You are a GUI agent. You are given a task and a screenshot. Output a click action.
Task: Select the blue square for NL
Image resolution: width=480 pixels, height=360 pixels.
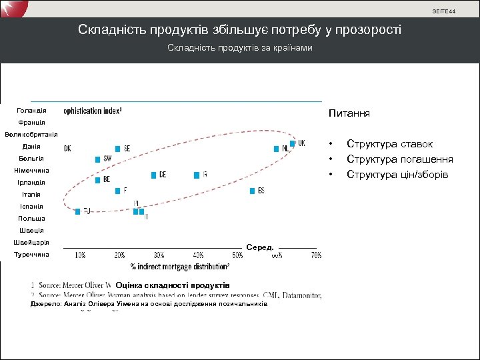(276, 149)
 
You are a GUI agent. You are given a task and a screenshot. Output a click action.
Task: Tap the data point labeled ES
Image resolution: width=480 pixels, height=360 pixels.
(252, 191)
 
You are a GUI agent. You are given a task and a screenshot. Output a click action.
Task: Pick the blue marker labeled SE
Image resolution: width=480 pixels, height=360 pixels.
(118, 149)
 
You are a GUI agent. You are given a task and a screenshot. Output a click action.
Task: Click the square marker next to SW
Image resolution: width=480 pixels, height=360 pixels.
(97, 159)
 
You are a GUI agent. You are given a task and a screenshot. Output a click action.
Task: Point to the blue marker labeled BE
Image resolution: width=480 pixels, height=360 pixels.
(97, 179)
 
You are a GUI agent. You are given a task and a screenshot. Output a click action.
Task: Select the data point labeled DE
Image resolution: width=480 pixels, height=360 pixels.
(153, 175)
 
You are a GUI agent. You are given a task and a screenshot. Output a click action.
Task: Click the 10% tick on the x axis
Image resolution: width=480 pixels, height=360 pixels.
(79, 255)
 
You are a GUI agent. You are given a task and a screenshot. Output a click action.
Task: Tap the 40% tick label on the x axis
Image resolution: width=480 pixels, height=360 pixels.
(198, 255)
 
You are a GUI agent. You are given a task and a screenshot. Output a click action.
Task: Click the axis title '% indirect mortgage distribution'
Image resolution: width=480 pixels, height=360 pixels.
(175, 267)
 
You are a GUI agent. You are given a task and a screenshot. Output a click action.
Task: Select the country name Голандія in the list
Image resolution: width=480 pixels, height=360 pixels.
(32, 110)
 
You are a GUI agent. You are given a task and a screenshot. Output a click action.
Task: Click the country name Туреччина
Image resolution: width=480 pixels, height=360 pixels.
(31, 255)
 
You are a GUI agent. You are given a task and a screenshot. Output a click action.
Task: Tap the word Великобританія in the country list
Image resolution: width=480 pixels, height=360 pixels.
(31, 135)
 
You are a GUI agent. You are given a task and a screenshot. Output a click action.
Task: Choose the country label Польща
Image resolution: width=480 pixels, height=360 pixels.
(32, 219)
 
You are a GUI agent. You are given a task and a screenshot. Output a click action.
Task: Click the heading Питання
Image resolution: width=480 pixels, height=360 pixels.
(349, 114)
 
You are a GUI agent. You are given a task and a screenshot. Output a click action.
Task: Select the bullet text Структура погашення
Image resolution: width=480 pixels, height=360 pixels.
(400, 159)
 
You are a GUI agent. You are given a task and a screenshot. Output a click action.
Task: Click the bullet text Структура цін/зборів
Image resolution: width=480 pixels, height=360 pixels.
(397, 175)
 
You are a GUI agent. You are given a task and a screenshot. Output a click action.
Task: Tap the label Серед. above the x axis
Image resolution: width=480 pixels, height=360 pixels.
(260, 247)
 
